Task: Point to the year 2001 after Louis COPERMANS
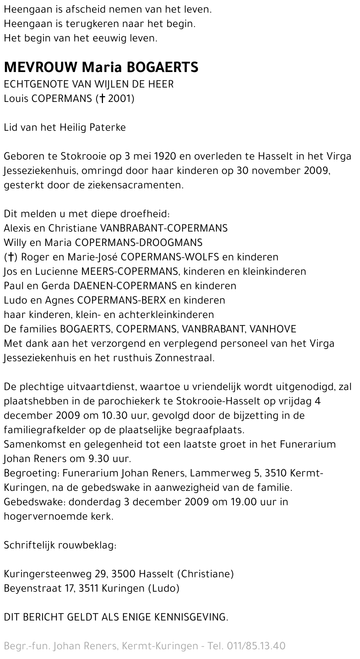119,99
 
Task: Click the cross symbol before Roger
11,257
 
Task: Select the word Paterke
107,127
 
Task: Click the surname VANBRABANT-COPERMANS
164,228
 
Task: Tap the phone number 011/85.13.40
256,646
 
